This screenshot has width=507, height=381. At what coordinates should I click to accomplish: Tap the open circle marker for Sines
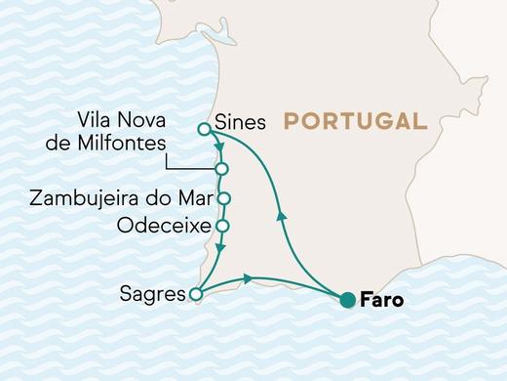coord(204,128)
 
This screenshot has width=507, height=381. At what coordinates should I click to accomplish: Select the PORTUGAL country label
coord(355,121)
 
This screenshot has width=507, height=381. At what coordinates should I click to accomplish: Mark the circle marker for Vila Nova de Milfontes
coord(222,169)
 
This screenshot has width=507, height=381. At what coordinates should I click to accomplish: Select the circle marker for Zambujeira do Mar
coord(222,198)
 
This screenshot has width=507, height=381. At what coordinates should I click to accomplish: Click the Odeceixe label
coord(162,226)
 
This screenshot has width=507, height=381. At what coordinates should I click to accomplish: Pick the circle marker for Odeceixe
coord(222,226)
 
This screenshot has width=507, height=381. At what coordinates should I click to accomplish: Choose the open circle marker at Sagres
coord(196,293)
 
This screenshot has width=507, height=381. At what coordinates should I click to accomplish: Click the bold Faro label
coord(381,301)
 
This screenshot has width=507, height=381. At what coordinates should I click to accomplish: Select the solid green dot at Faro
coord(347,301)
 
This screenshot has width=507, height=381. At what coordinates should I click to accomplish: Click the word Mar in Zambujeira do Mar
coord(193,199)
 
